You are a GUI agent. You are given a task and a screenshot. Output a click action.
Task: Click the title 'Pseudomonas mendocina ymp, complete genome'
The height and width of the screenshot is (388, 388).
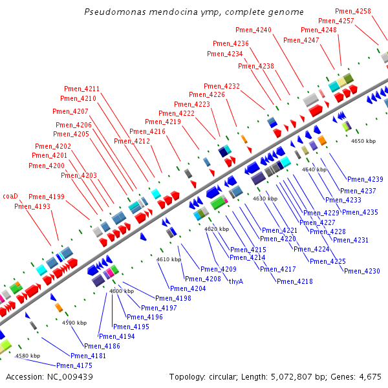194,12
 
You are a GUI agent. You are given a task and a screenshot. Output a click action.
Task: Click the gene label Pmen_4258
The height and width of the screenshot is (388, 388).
354,12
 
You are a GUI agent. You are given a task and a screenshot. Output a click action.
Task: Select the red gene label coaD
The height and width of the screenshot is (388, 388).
10,196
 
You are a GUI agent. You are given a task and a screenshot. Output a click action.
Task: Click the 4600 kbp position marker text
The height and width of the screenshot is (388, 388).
121,292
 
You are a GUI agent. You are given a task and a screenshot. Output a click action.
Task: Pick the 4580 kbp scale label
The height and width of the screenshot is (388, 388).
28,356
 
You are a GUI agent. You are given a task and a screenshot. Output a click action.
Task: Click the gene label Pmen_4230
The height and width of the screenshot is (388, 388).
362,271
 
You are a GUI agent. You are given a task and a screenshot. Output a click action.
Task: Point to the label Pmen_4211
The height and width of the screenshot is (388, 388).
82,89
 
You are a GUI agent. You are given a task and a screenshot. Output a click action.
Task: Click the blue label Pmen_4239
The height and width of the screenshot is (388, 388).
365,179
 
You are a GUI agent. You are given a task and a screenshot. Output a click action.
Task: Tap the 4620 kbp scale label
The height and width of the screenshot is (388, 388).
217,229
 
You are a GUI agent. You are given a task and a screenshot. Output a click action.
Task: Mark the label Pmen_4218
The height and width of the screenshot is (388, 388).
295,281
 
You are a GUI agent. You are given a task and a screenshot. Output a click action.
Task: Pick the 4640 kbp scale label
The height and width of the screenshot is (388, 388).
314,169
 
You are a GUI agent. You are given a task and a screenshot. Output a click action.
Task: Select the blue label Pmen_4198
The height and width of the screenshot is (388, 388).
174,298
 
